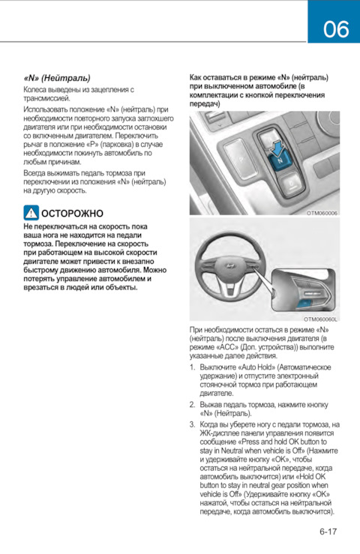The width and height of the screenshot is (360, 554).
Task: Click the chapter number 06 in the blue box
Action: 335,29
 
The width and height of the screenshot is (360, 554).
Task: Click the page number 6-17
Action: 328,532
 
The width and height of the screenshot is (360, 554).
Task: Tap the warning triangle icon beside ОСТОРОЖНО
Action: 31,213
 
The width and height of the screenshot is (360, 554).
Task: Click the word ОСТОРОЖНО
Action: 73,214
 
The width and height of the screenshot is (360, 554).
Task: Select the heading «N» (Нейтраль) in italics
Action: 57,78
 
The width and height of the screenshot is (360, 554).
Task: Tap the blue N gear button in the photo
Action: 279,161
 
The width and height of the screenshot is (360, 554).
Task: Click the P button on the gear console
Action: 241,158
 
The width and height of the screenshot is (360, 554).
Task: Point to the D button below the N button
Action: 291,184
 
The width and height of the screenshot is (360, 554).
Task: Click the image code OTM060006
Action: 322,213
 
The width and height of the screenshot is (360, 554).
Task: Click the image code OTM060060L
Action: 321,319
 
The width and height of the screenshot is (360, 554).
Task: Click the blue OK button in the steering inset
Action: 304,304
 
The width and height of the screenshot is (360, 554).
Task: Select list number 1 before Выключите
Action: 192,367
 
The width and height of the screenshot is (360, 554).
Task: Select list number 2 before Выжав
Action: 192,405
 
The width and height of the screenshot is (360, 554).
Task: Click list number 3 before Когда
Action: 192,425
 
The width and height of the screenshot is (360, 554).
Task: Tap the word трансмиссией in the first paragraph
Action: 46,98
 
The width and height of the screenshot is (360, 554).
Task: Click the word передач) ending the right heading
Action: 205,104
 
